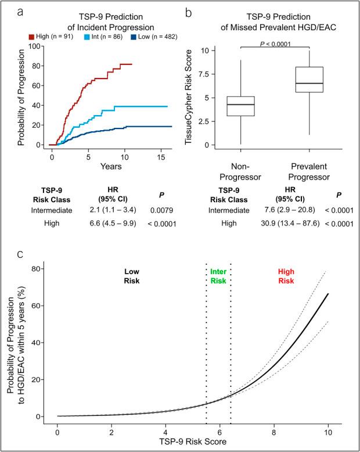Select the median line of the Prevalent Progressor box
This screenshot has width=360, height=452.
[x=309, y=83]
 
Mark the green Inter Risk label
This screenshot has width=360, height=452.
[x=218, y=276]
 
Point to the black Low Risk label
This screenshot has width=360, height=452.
[x=130, y=276]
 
